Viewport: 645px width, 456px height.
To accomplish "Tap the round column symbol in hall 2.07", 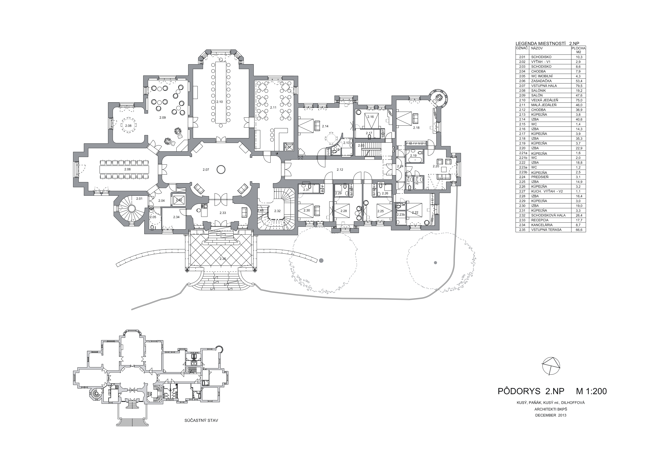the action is pos(221,169).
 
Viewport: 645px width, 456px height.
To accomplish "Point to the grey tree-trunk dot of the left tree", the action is pos(321,260).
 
